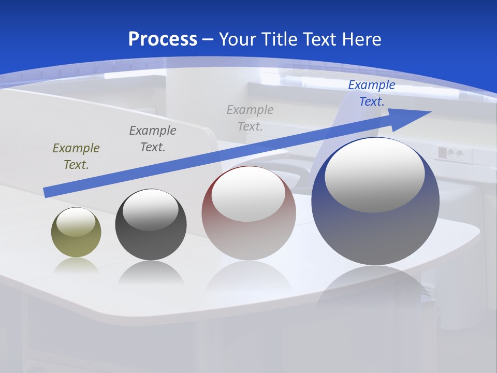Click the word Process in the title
tap(163, 39)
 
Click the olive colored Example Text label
tap(76, 156)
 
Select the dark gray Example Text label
tap(153, 138)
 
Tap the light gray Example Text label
tap(250, 118)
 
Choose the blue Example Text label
tap(372, 93)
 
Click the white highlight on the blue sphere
tap(374, 174)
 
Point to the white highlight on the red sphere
tap(248, 194)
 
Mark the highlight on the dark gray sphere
tap(150, 210)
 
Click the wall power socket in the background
tap(449, 154)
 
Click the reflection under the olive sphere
tap(76, 265)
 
